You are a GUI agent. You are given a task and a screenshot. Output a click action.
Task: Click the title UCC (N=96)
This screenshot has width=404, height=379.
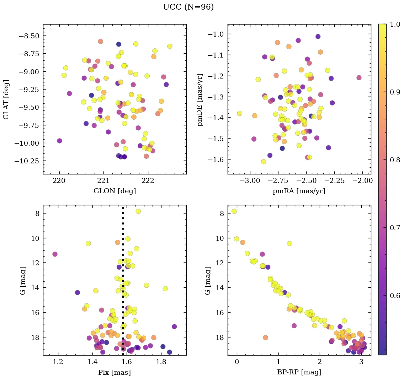click(188, 7)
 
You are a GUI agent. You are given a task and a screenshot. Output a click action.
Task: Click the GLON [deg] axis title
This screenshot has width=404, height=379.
click(115, 191)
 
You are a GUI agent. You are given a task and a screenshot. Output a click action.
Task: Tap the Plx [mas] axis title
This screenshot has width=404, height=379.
click(115, 372)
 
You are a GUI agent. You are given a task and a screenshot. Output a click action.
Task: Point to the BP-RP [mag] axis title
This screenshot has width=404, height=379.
click(299, 372)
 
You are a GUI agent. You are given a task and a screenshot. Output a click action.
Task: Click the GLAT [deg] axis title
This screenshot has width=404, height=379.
click(6, 99)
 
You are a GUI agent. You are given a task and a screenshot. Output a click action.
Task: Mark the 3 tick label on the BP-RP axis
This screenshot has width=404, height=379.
click(361, 362)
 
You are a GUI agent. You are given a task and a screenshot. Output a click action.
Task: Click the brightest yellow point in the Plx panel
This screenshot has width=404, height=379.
click(138, 211)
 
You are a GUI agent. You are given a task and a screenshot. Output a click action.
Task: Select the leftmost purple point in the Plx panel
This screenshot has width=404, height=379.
click(55, 254)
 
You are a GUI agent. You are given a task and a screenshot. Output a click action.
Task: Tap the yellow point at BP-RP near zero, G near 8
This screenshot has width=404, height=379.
click(234, 211)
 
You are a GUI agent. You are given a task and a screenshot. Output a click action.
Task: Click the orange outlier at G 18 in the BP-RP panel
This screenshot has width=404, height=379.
click(265, 337)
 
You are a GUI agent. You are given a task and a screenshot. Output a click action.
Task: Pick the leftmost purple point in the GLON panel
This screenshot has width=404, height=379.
click(59, 141)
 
